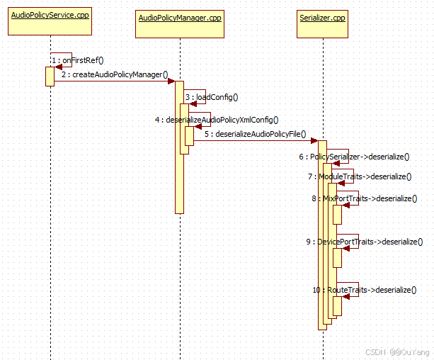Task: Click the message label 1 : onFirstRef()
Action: pos(82,61)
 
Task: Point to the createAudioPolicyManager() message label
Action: pos(114,74)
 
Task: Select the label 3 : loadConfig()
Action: pos(212,97)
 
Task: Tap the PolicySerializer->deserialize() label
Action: pos(354,157)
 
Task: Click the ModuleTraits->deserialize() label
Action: pos(360,176)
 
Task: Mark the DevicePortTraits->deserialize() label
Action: pos(365,242)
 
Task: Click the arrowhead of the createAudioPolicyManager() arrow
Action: pos(171,81)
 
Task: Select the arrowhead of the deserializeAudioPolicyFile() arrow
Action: pos(314,140)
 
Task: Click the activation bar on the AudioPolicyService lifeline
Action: pos(50,76)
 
